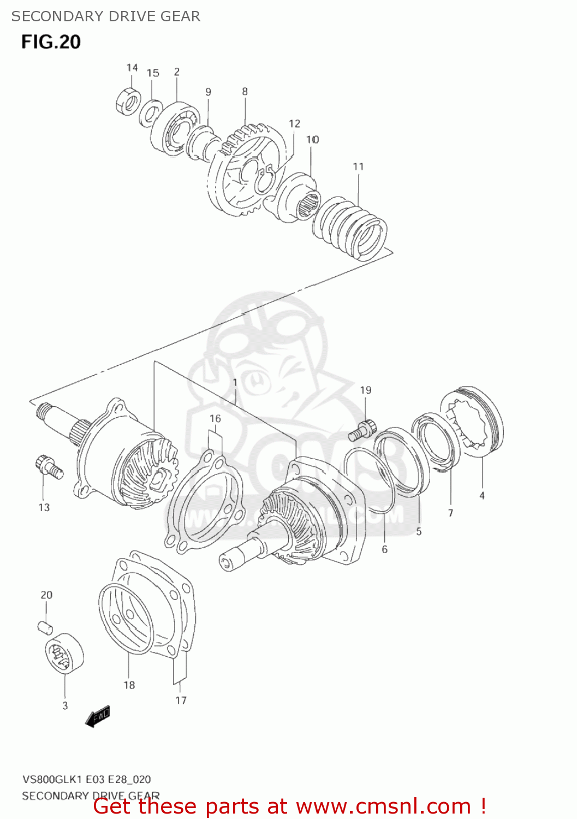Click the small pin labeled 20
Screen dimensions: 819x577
(x=45, y=627)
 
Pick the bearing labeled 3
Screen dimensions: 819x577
(x=64, y=652)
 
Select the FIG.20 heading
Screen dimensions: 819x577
(x=51, y=42)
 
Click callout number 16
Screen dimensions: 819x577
(x=215, y=419)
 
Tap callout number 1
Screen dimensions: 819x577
(x=235, y=383)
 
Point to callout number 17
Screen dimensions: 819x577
(x=181, y=701)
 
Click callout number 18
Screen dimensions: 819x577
(x=129, y=685)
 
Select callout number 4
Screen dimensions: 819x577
(x=481, y=496)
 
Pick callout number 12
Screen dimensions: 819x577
(x=294, y=124)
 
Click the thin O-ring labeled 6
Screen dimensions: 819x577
(x=368, y=480)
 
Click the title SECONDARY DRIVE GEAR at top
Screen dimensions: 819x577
(x=106, y=16)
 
